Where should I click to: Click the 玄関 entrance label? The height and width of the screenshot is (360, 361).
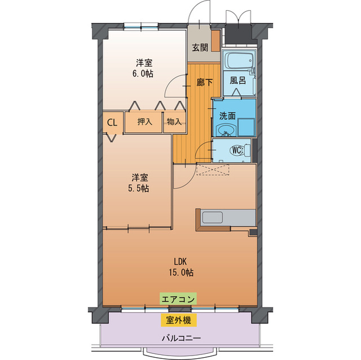coord(199,47)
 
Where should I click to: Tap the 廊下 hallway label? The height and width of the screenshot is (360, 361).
coord(204,82)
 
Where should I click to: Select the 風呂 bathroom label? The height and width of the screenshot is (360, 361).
coord(237,81)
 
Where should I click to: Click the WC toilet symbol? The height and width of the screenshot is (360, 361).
coord(237,150)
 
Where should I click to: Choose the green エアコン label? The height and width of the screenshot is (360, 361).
coord(178,299)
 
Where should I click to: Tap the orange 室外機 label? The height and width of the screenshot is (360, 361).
coord(178,321)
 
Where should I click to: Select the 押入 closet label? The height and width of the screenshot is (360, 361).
coord(144,122)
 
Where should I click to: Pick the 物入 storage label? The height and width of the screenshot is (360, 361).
coord(174,122)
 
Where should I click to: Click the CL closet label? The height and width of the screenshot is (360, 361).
coord(112,122)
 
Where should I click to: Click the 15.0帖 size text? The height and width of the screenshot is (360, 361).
coord(180,272)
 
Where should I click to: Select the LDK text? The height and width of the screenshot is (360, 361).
coord(180,261)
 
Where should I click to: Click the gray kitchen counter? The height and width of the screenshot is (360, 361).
coord(226,219)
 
